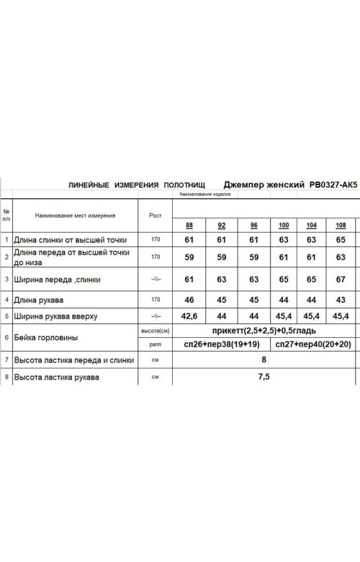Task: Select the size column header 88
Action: (x=189, y=225)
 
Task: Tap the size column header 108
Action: (x=340, y=225)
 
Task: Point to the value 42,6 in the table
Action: (x=189, y=316)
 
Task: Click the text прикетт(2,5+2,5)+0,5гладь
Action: (x=264, y=330)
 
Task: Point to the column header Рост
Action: (x=154, y=215)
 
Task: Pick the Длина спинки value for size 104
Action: (x=311, y=240)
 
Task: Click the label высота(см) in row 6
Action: (x=154, y=331)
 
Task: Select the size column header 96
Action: (x=253, y=225)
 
